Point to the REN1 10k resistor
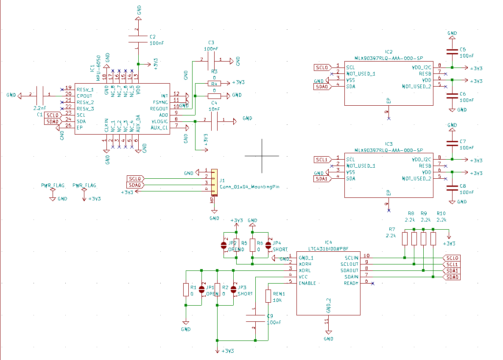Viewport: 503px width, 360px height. pyautogui.click(x=268, y=296)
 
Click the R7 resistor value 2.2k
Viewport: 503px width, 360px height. pyautogui.click(x=391, y=235)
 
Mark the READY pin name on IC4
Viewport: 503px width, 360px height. pyautogui.click(x=351, y=283)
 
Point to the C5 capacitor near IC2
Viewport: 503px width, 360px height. pyautogui.click(x=452, y=52)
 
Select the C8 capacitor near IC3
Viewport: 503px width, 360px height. pyautogui.click(x=452, y=188)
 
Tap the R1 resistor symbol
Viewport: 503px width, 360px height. pyautogui.click(x=185, y=290)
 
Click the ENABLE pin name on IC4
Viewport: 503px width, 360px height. pyautogui.click(x=307, y=283)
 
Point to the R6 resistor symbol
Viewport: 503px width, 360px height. pyautogui.click(x=252, y=245)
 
